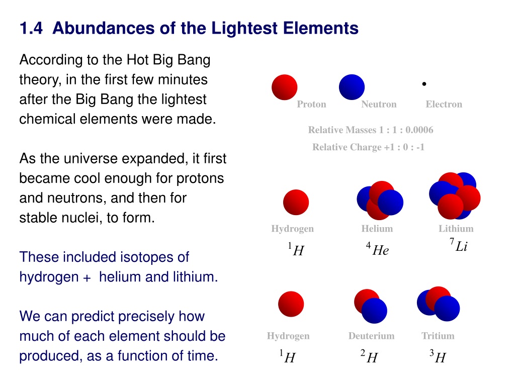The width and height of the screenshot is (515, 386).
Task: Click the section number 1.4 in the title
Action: pos(31,28)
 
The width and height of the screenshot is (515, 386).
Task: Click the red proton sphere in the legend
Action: pos(285,87)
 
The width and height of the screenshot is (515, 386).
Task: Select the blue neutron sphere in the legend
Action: pos(352,87)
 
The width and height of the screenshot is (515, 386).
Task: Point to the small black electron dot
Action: pos(424,84)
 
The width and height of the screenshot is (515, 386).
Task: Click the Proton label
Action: pos(311,105)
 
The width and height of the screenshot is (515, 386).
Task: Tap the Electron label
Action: pos(444,105)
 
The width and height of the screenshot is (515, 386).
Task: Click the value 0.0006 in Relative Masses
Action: pos(419,130)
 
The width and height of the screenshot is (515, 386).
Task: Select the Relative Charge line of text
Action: pos(368,147)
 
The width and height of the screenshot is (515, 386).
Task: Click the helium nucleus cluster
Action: pos(380,200)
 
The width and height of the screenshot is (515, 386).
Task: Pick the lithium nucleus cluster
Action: pos(455,196)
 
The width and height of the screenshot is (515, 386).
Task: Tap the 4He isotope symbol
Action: pos(377,249)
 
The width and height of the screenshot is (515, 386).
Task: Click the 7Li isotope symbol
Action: pos(459,245)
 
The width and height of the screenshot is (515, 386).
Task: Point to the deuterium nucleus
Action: pos(371,306)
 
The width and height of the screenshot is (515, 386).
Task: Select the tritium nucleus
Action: pos(438,304)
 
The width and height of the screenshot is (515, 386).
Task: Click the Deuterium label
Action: pos(371,336)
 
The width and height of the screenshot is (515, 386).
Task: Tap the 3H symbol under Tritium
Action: pos(438,356)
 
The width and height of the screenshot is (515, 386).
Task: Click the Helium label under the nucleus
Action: pos(377,229)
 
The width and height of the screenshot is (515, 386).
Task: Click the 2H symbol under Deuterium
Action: pos(369,356)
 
